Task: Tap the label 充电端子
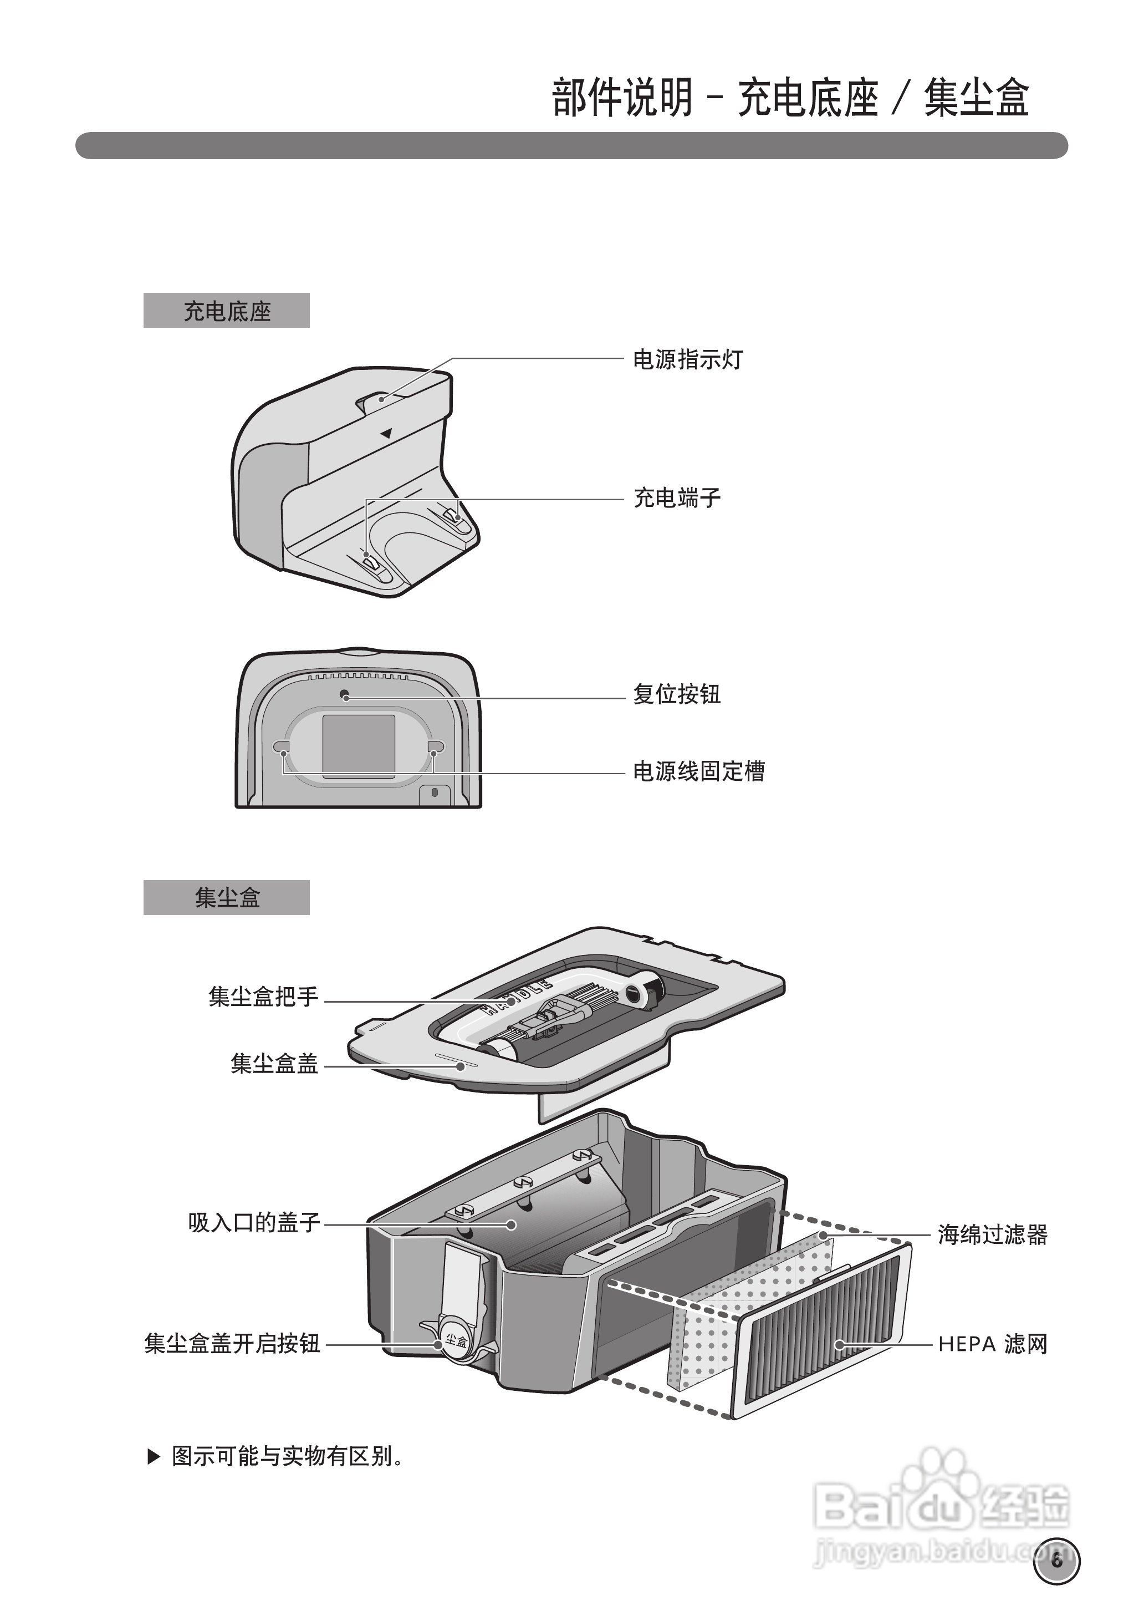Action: pyautogui.click(x=676, y=498)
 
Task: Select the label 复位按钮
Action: pyautogui.click(x=676, y=694)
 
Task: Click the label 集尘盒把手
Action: pyautogui.click(x=263, y=997)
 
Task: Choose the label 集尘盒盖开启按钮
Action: pyautogui.click(x=232, y=1343)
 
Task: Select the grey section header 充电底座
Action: pyautogui.click(x=226, y=311)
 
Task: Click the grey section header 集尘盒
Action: pyautogui.click(x=226, y=898)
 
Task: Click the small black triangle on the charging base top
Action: pyautogui.click(x=386, y=434)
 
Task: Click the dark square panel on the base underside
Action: pyautogui.click(x=359, y=746)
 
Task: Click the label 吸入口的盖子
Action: pyautogui.click(x=254, y=1223)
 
